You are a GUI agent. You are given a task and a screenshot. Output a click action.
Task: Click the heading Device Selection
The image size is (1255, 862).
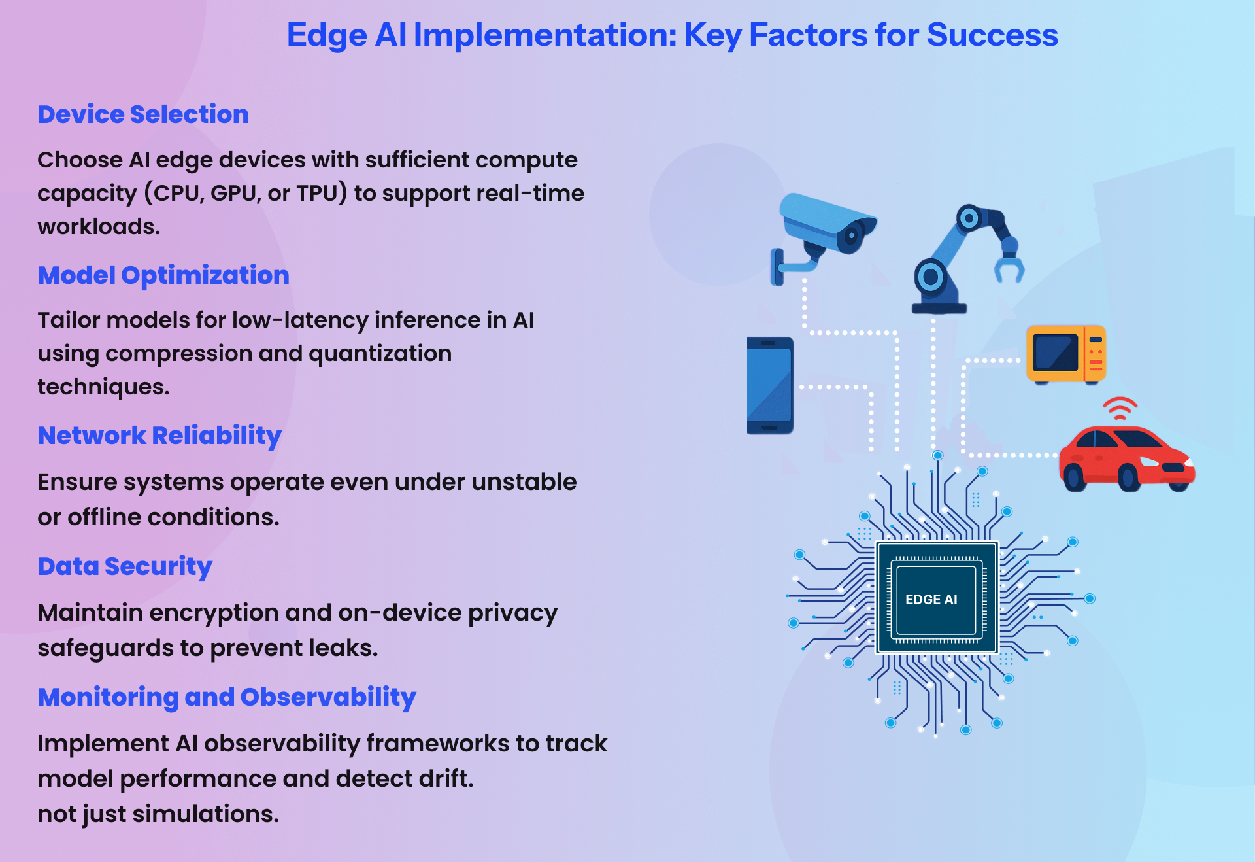143,114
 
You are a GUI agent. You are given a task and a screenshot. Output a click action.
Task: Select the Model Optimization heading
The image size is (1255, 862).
163,275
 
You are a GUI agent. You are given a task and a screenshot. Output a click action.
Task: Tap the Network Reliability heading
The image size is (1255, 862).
159,436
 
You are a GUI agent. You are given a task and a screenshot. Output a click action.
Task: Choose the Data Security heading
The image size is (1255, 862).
125,566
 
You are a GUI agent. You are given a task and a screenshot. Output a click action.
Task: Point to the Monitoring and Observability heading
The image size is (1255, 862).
227,697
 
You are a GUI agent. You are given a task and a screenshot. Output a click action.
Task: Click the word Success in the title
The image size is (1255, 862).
992,35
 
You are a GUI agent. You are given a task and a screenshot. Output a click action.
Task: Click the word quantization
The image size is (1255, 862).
380,354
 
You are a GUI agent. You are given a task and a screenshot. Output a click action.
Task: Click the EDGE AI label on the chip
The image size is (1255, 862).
931,600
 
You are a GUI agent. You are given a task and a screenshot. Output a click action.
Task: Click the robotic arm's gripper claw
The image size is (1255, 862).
1009,268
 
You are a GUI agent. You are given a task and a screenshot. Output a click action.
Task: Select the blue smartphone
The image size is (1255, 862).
770,385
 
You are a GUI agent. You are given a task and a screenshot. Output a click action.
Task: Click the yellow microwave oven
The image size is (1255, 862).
1065,354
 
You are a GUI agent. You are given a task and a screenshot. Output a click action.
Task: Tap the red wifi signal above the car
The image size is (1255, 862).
1120,408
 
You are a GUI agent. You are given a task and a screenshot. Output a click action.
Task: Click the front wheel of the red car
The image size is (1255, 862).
1129,477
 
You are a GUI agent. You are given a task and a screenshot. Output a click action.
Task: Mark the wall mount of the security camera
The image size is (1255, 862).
777,267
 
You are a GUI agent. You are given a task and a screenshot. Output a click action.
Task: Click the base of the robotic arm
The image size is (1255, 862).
939,308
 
